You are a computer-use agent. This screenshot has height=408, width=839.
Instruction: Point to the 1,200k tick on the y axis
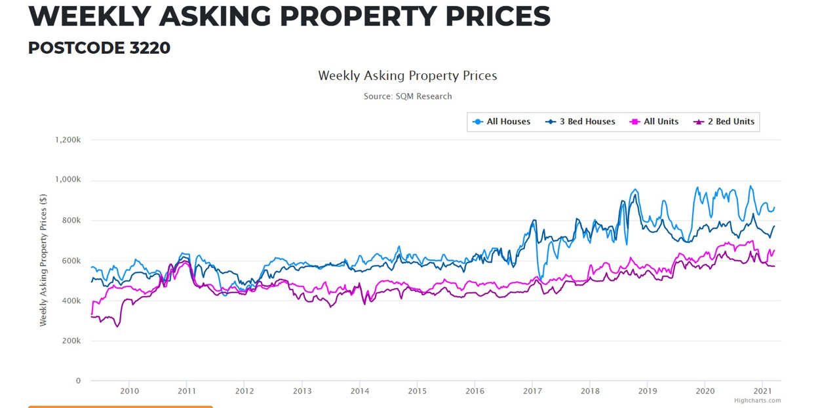(67, 140)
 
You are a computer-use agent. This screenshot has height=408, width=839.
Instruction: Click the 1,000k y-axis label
(67, 180)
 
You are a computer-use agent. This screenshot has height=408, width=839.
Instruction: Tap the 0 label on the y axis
(78, 380)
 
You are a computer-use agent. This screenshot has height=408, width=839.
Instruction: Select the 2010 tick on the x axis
(129, 392)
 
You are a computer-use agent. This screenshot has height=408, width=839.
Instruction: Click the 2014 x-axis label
(359, 392)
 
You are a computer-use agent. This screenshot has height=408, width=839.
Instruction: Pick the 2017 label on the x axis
(532, 392)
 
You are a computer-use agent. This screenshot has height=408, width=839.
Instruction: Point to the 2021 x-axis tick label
(762, 392)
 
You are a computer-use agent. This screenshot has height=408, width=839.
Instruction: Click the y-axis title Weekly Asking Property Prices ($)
(43, 260)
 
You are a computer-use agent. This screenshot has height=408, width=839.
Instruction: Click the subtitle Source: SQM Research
(408, 96)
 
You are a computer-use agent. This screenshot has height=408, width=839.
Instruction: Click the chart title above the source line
(408, 75)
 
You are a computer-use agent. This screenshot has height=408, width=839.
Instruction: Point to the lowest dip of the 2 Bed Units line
(117, 325)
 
